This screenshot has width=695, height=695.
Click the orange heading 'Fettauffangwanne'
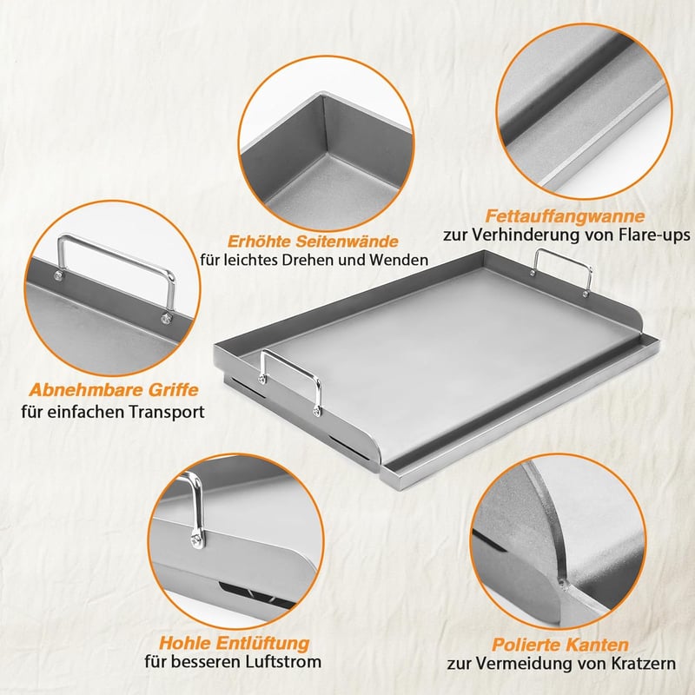point(565,216)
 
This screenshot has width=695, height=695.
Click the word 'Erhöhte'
point(259,242)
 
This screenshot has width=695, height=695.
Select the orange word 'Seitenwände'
point(347,242)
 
